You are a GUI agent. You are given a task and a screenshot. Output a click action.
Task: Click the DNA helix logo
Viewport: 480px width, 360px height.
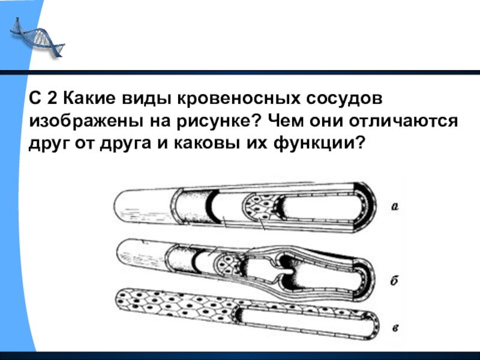[x=37, y=37]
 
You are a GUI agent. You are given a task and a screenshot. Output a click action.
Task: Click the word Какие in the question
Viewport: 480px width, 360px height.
[x=89, y=98]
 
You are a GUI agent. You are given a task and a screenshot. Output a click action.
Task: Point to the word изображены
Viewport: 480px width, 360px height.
[x=85, y=122]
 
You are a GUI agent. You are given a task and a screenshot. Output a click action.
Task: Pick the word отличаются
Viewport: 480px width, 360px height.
[x=403, y=122]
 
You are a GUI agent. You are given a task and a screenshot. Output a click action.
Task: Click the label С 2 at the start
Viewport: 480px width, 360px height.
[x=43, y=98]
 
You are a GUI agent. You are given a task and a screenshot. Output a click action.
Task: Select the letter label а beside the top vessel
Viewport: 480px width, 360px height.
[x=395, y=207]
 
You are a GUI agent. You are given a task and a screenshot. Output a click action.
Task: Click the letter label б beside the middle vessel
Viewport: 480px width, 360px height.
[x=394, y=280]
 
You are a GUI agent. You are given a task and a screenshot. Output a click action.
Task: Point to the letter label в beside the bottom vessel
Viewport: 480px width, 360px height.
[x=395, y=328]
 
